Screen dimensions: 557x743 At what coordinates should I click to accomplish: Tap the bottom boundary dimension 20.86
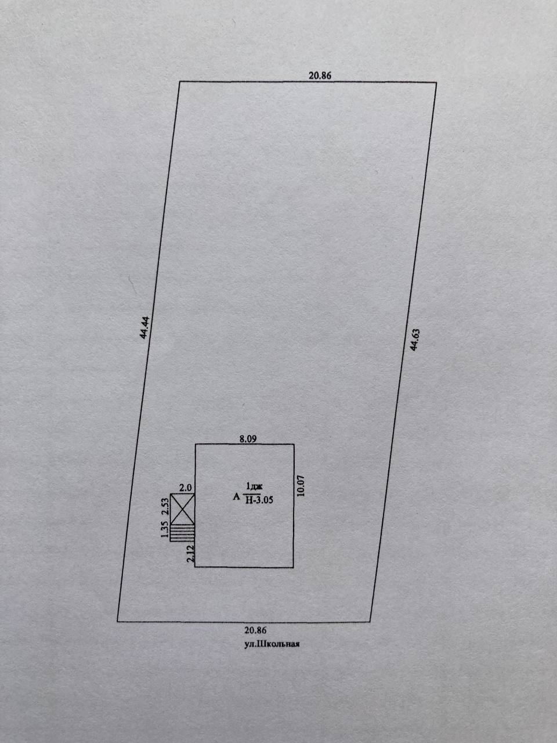(256, 630)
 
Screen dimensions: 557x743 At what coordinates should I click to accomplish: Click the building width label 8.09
(248, 439)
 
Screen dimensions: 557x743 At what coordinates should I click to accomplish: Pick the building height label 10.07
(301, 485)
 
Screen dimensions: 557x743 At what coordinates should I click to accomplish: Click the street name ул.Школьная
(272, 643)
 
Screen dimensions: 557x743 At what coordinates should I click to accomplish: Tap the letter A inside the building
(236, 496)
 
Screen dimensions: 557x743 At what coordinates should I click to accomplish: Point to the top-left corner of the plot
(179, 82)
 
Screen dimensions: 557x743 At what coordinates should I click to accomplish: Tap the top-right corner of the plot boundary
(436, 83)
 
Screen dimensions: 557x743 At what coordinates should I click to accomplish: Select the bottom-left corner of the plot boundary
(117, 621)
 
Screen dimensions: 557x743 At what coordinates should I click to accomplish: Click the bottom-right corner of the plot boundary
(370, 622)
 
